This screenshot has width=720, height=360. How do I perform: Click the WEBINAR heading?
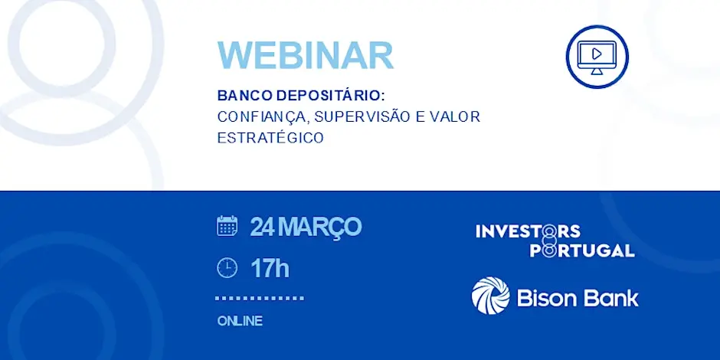point(306,56)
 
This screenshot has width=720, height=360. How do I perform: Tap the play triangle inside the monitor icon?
point(597,54)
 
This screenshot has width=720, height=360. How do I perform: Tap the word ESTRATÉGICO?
point(270,138)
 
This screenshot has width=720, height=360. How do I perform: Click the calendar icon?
point(227,226)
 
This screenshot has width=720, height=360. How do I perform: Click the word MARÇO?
point(319,227)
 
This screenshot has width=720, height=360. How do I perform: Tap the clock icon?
point(227,268)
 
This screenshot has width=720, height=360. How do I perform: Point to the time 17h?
point(270,269)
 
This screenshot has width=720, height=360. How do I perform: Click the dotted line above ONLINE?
point(260,298)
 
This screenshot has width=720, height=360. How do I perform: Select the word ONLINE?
point(241,321)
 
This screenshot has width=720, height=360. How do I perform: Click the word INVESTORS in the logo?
point(528,231)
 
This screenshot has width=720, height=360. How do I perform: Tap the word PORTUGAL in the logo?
point(582,250)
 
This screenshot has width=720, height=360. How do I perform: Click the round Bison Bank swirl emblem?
point(490,295)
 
